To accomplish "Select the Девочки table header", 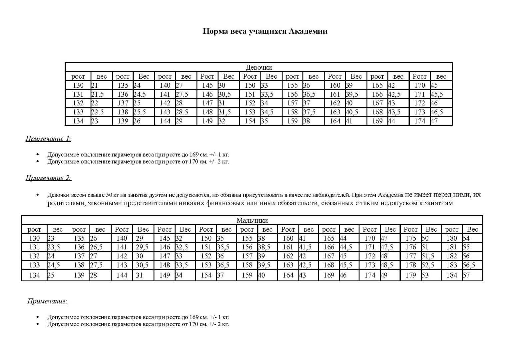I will click(x=258, y=67).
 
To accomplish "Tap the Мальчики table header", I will click(x=252, y=220).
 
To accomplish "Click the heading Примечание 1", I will click(x=48, y=139).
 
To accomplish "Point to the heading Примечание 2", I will click(x=48, y=178).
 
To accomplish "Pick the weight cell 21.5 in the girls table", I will click(x=98, y=94).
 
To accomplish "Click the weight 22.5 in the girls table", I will click(x=98, y=112).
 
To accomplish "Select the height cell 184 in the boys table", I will click(x=451, y=275).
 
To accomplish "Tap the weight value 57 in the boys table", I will click(x=466, y=275).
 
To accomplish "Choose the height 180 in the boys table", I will click(x=451, y=238).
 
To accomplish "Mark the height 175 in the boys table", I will click(x=411, y=238).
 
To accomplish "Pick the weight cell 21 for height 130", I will click(x=95, y=85).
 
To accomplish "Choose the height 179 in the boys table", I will click(x=411, y=275).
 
